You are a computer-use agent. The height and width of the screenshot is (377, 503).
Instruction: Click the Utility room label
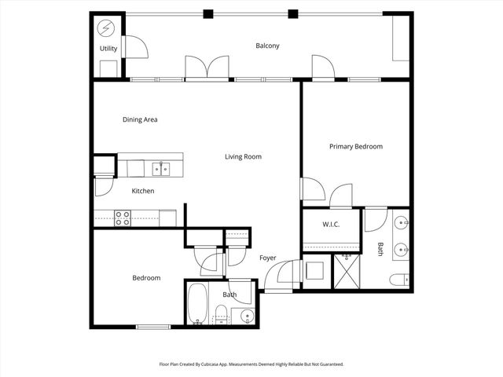point(108,49)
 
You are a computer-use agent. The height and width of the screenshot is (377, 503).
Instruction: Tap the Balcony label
point(267,46)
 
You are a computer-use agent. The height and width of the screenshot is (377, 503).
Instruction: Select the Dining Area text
point(140,119)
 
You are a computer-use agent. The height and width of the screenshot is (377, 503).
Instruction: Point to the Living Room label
point(243,156)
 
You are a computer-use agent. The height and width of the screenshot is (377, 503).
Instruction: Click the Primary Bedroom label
point(355,146)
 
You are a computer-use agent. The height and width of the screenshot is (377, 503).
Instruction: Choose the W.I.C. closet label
point(330,225)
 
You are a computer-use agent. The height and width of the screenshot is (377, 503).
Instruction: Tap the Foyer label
point(267,258)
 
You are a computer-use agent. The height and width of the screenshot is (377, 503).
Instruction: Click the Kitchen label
point(142,191)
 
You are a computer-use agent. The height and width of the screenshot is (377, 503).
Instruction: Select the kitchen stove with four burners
point(123,218)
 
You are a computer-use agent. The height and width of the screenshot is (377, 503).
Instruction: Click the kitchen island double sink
point(161,168)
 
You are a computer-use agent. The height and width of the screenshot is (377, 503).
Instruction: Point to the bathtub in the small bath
point(196,304)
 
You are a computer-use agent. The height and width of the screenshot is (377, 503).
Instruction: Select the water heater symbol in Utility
point(105,28)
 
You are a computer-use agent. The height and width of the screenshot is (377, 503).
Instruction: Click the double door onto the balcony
point(207,68)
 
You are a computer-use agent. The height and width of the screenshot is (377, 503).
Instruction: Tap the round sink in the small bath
point(247,317)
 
